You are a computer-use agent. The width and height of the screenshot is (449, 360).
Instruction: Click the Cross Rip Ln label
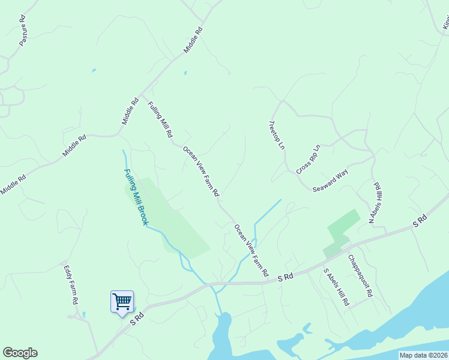(309, 159)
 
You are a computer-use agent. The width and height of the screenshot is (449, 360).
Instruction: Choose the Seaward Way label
(330, 180)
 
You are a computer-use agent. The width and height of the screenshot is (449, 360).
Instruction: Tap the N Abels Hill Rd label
(375, 203)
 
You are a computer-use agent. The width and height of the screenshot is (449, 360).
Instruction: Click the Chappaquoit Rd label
(361, 276)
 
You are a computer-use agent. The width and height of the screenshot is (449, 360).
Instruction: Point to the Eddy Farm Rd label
(71, 285)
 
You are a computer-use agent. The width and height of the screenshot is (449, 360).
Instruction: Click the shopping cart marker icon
(122, 301)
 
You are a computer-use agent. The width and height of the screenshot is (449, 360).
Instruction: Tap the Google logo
(20, 353)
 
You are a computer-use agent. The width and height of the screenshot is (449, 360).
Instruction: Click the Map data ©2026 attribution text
(423, 355)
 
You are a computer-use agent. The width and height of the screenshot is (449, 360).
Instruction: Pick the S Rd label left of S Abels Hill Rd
(285, 277)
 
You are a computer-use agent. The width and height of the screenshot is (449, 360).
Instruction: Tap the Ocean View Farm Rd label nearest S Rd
(251, 250)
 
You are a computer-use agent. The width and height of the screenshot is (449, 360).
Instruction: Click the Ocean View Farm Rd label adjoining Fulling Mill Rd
(201, 172)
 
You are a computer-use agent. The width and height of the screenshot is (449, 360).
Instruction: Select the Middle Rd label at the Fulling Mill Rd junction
(130, 111)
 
